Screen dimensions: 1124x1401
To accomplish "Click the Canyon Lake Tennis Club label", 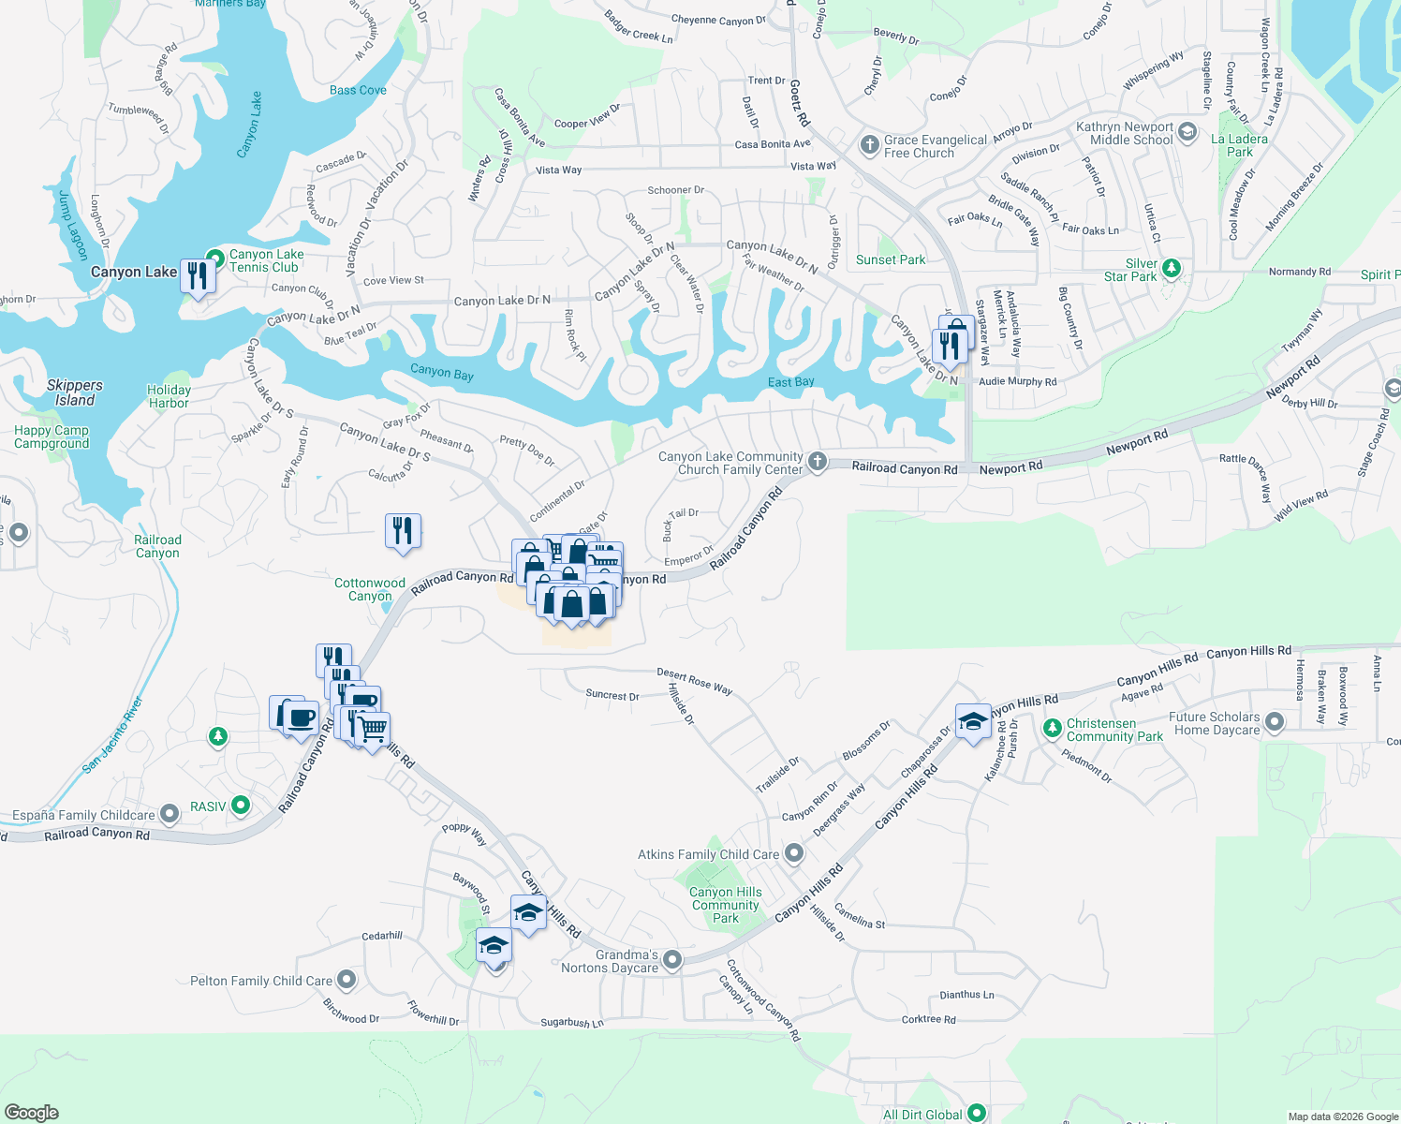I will tap(266, 260).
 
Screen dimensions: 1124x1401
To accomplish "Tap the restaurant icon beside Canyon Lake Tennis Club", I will tap(198, 276).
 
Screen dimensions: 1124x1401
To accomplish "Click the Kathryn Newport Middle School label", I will tap(1125, 133).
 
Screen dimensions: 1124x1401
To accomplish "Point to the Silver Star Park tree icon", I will tap(1172, 270).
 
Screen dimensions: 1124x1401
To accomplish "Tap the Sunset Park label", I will tap(890, 259).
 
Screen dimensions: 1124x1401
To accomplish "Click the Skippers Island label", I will tap(75, 392).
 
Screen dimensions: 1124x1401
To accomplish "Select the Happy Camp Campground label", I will tap(52, 436).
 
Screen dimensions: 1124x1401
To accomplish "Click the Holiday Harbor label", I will tap(169, 396).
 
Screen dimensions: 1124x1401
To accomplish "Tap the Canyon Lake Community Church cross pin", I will tap(818, 461).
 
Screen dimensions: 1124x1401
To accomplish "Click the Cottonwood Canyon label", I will tap(370, 589).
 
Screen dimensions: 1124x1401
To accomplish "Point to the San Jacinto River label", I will tap(112, 734).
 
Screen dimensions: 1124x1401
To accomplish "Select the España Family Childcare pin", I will tap(170, 814).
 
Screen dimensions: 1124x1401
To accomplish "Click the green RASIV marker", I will tap(241, 806).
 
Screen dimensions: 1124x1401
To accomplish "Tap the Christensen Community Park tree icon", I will tap(1053, 728).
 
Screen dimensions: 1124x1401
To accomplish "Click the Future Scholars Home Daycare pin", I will tap(1275, 722).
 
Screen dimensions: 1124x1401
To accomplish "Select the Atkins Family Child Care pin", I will tap(794, 853).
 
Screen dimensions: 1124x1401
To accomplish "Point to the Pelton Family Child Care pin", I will tap(347, 981).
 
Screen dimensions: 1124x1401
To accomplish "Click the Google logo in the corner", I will tap(31, 1112).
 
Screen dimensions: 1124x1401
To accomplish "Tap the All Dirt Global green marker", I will tap(977, 1114).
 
